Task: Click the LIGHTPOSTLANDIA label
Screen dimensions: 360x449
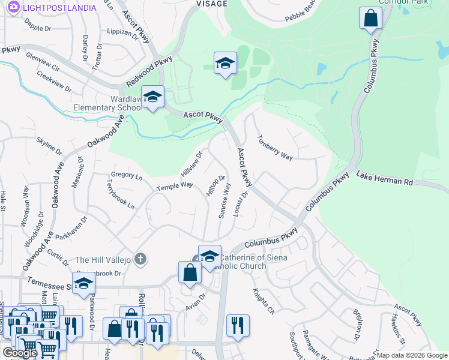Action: point(59,7)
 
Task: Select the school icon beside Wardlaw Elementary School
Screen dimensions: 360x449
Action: point(153,97)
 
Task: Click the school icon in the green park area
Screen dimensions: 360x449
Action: point(225,64)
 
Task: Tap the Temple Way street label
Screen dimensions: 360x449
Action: point(175,185)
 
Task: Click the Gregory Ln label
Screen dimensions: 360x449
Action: point(127,176)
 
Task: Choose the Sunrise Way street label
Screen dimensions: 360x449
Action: point(224,200)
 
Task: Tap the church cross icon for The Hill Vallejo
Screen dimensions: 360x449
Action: point(140,259)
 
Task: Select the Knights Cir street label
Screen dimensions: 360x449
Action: point(264,302)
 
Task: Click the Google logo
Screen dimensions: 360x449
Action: point(20,352)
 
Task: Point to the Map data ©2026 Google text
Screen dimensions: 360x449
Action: point(412,355)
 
